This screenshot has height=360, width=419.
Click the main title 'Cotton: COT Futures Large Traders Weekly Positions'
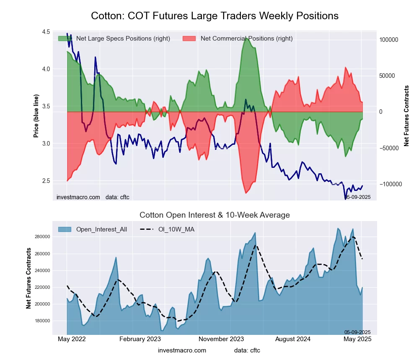coord(215,16)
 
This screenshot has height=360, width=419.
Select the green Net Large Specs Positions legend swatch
coord(65,39)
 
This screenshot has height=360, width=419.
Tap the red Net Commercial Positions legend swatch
coord(189,39)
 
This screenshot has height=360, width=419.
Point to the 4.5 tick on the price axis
coord(46,32)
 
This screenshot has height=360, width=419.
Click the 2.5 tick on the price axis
coord(46,181)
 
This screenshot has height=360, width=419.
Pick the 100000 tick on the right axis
coord(388,40)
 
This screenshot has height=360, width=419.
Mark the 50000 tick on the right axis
coord(387,76)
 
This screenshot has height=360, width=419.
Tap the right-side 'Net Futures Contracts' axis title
coord(406,116)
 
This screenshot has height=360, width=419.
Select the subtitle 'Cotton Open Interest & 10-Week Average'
coord(215,215)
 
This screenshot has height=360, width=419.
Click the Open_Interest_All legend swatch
coord(65,229)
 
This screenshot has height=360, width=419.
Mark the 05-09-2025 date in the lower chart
coord(357,332)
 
